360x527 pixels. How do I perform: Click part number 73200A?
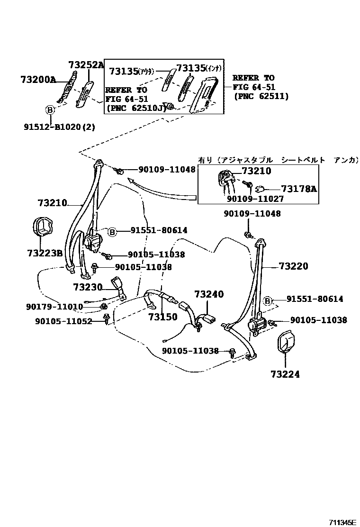(x=38, y=80)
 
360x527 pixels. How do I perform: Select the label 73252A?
(x=86, y=65)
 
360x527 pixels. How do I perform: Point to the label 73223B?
(x=45, y=253)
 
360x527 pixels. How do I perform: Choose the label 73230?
(x=88, y=287)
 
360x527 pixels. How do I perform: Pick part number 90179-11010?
(x=54, y=307)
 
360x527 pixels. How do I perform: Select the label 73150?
(x=162, y=317)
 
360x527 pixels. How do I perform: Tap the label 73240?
(x=208, y=294)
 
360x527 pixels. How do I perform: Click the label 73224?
(x=286, y=374)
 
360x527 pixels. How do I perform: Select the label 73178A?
(x=299, y=189)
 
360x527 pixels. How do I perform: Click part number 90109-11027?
(x=255, y=199)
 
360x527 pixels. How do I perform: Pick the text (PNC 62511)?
(x=261, y=96)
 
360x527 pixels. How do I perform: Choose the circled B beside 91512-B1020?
(x=50, y=109)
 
